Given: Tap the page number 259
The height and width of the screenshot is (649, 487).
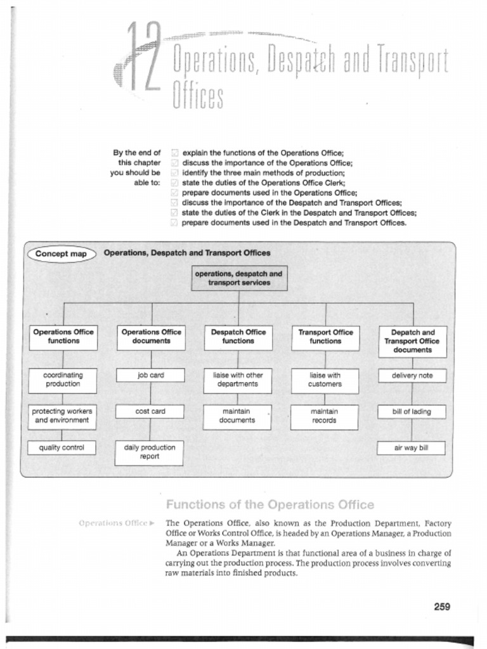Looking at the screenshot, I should click(x=442, y=607).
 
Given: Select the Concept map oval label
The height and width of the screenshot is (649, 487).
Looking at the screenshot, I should click(x=61, y=254).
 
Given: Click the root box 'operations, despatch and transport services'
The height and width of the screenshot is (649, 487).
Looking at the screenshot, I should click(x=239, y=278).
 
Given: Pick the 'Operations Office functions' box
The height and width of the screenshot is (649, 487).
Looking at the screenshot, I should click(x=63, y=337).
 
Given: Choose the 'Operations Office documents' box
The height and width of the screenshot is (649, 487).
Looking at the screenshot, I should click(x=151, y=337).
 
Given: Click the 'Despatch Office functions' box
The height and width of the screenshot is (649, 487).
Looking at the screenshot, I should click(x=238, y=337).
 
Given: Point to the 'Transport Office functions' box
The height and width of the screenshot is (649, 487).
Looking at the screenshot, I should click(x=325, y=337).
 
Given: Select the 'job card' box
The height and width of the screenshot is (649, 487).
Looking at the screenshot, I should click(x=150, y=375).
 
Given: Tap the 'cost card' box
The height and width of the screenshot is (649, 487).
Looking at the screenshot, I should click(x=150, y=411).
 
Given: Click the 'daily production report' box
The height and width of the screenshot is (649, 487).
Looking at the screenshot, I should click(x=150, y=452).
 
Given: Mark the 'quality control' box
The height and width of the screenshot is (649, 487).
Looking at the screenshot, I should click(x=62, y=448).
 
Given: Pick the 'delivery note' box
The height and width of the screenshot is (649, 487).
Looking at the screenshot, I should click(x=412, y=375).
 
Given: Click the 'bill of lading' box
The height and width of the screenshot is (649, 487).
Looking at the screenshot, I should click(x=412, y=412).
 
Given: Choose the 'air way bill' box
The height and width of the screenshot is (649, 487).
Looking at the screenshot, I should click(x=412, y=448).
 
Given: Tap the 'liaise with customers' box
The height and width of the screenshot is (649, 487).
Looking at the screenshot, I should click(x=325, y=380).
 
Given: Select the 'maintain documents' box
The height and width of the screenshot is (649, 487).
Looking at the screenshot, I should click(x=238, y=416).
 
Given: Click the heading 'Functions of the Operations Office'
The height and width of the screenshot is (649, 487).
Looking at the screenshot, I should click(x=269, y=505).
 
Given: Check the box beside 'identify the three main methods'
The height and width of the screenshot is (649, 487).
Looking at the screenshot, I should click(x=176, y=173).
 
